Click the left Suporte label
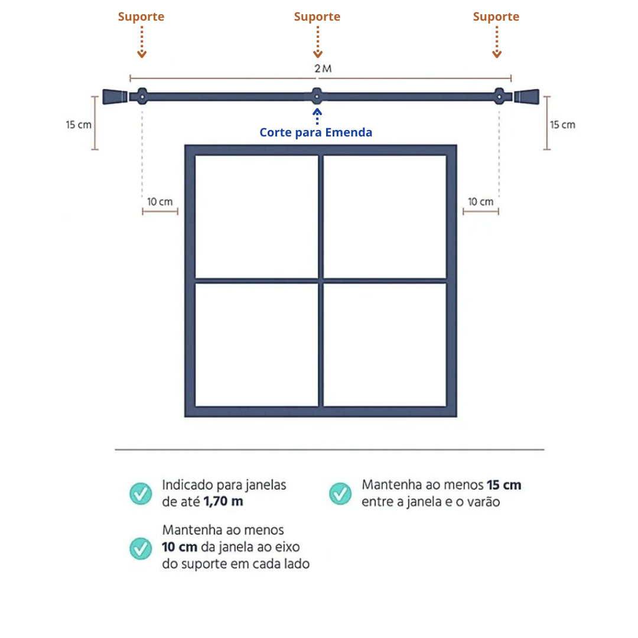(x=141, y=17)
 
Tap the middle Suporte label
(x=317, y=17)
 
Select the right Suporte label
(x=496, y=17)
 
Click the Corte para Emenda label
(x=316, y=132)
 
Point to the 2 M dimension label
(x=323, y=69)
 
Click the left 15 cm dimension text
(x=79, y=125)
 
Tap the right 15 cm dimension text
(x=562, y=125)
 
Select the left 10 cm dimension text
(x=160, y=201)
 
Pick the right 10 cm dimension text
(x=480, y=201)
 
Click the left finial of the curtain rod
(x=115, y=96)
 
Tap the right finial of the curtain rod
(x=526, y=96)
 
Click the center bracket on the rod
(x=317, y=96)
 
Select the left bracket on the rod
(x=142, y=96)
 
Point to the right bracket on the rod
(x=500, y=96)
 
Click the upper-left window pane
(x=256, y=216)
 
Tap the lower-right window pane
(x=385, y=345)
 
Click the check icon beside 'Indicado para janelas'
(x=141, y=493)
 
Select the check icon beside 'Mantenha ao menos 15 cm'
(x=340, y=493)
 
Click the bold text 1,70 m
(x=223, y=502)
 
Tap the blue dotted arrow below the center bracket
(x=317, y=115)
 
